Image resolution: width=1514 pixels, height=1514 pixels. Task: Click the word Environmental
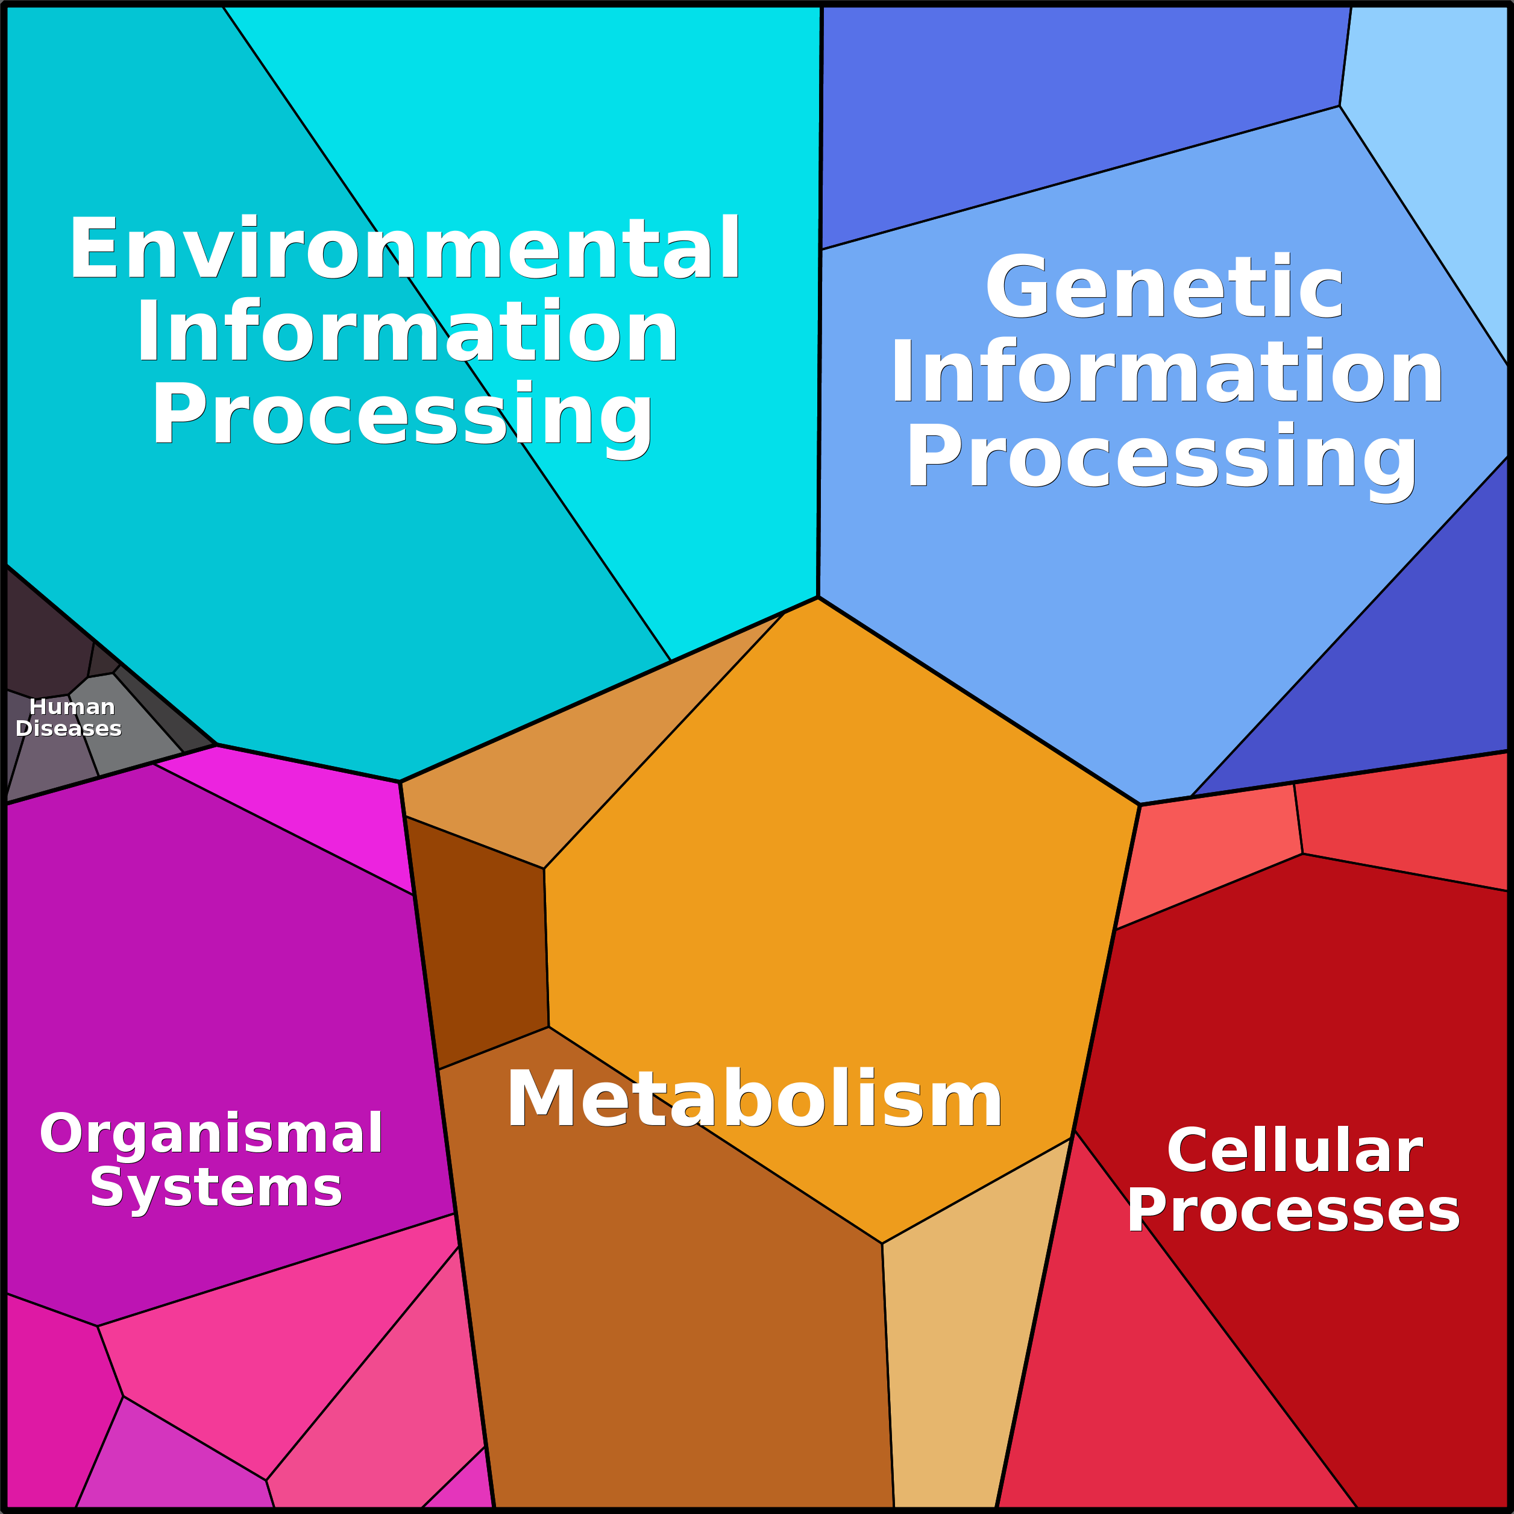click(x=405, y=248)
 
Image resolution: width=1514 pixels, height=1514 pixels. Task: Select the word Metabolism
click(x=754, y=1098)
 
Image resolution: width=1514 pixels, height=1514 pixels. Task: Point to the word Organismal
click(x=212, y=1135)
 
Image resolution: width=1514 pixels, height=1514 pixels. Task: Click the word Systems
click(x=216, y=1188)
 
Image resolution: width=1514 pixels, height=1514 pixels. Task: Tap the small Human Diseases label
click(x=69, y=718)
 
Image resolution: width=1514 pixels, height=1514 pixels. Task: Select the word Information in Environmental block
click(x=407, y=332)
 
